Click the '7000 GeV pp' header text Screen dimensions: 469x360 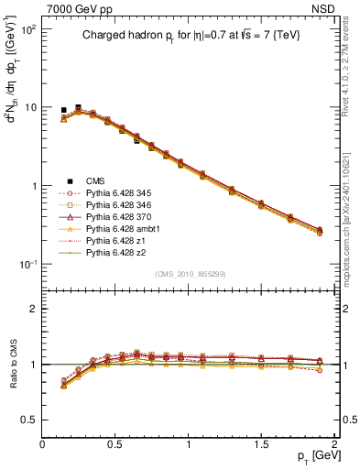[80, 7]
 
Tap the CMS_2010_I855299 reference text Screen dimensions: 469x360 [188, 274]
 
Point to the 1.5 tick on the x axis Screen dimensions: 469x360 [262, 443]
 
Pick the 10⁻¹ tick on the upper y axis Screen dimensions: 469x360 [27, 265]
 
